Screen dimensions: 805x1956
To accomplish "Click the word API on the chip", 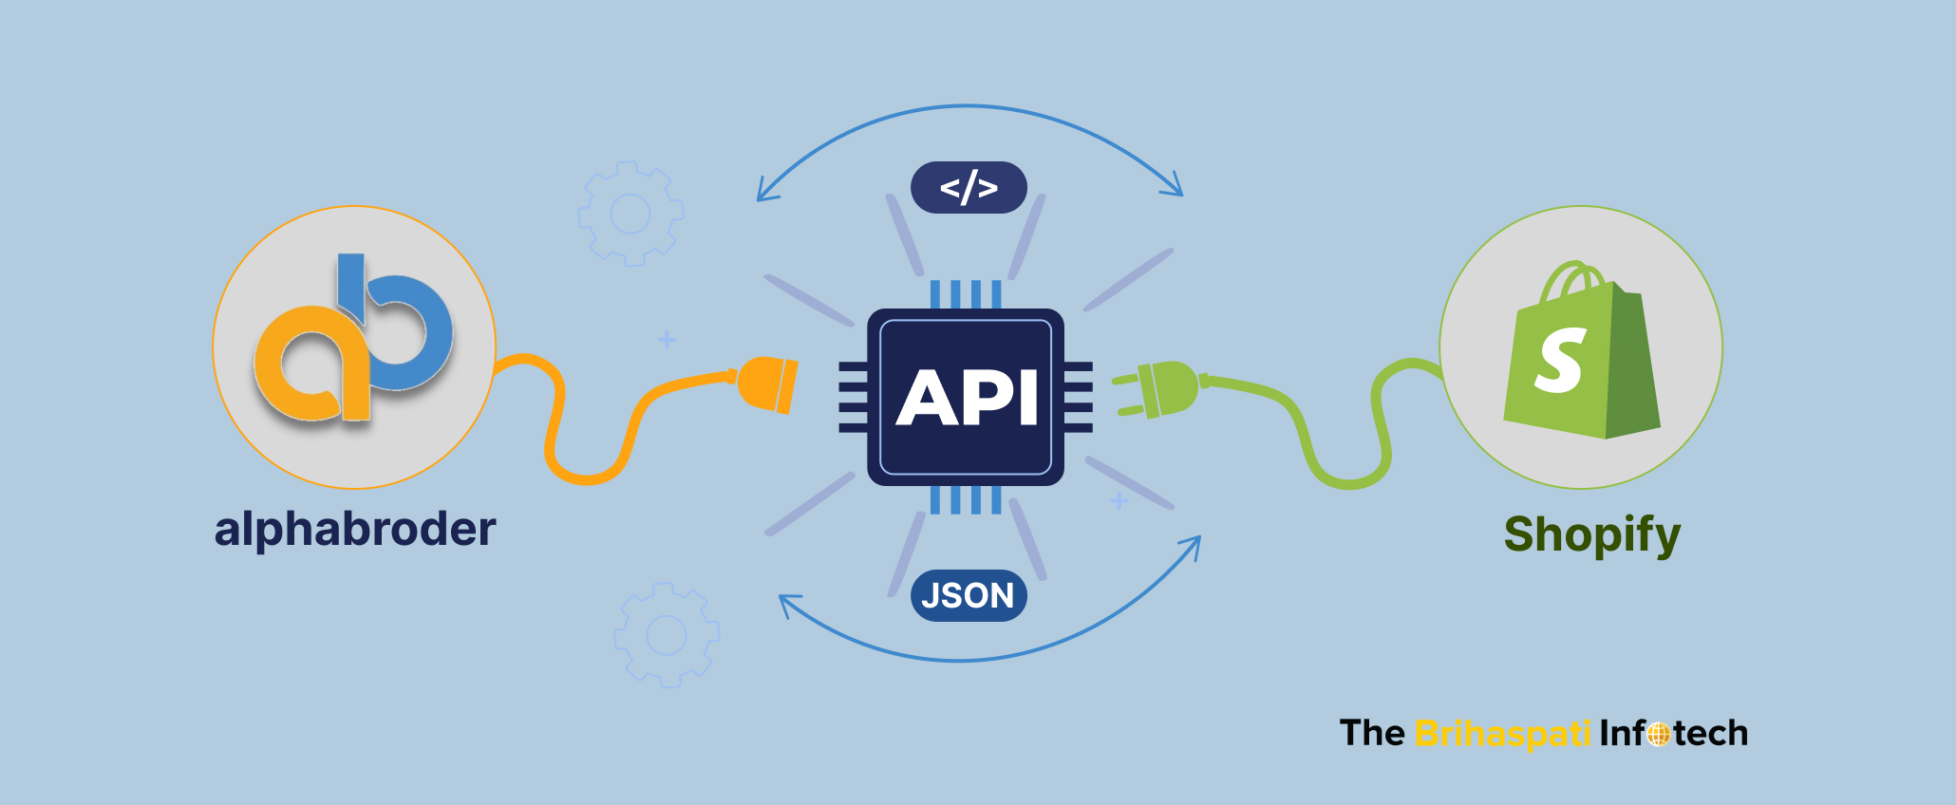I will click(x=967, y=398).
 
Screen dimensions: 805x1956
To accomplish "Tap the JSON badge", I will click(x=969, y=595).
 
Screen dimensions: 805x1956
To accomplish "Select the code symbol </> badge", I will click(x=969, y=188).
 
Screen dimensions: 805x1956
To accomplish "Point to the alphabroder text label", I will click(x=355, y=529).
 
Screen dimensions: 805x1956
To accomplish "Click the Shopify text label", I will click(x=1591, y=534).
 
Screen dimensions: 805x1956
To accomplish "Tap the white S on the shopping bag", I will click(x=1560, y=360).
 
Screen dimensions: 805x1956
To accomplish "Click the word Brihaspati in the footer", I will click(x=1502, y=734).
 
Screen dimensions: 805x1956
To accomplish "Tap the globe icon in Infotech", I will click(x=1659, y=735).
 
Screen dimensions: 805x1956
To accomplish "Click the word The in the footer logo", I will click(x=1371, y=734).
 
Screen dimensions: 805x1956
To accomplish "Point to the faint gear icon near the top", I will click(x=630, y=214).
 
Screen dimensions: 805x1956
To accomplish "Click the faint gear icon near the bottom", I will click(x=667, y=635).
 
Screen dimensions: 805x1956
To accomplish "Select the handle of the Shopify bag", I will click(x=1571, y=279).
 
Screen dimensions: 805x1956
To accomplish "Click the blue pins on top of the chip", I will click(x=966, y=294).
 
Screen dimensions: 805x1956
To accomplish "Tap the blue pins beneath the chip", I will click(x=966, y=499).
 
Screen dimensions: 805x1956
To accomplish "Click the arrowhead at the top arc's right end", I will click(x=1175, y=187).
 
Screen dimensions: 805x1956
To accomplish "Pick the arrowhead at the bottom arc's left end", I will click(x=787, y=604).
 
